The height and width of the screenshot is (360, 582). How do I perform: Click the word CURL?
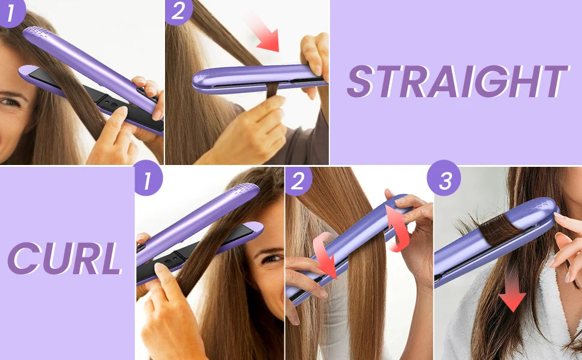(x=64, y=259)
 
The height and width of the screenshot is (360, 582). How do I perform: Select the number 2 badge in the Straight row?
(x=178, y=11)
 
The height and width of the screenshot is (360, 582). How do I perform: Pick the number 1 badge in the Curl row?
(x=148, y=179)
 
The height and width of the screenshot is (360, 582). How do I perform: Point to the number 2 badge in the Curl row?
(x=298, y=181)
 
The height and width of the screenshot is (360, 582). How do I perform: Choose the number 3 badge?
(x=444, y=179)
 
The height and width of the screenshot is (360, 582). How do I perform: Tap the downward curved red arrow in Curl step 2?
(x=325, y=254)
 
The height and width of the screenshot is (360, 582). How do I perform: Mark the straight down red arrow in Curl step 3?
(x=512, y=290)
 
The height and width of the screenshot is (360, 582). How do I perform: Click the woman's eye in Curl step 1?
(x=271, y=259)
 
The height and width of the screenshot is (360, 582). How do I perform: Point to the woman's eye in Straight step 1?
(x=8, y=102)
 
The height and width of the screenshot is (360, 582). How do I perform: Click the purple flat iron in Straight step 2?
(x=252, y=78)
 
